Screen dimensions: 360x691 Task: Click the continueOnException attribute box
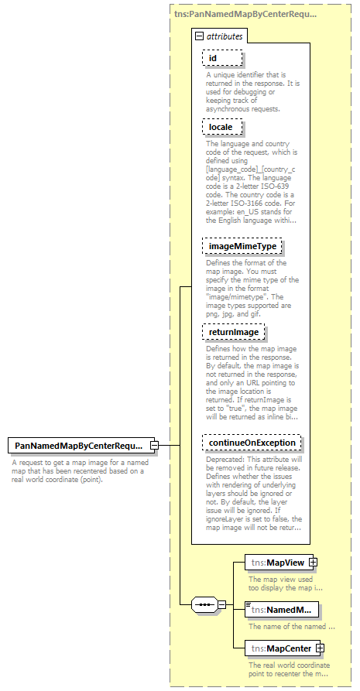click(x=252, y=443)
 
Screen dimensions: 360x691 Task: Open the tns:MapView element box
click(x=276, y=562)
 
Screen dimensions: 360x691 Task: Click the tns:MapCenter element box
click(x=279, y=648)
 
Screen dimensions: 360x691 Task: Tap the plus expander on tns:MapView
click(x=314, y=562)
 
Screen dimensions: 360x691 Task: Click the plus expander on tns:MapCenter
click(x=319, y=648)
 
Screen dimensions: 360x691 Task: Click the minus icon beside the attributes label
click(x=199, y=36)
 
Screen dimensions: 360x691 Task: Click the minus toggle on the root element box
click(x=154, y=445)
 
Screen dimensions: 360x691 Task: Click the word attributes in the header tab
click(x=225, y=36)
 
